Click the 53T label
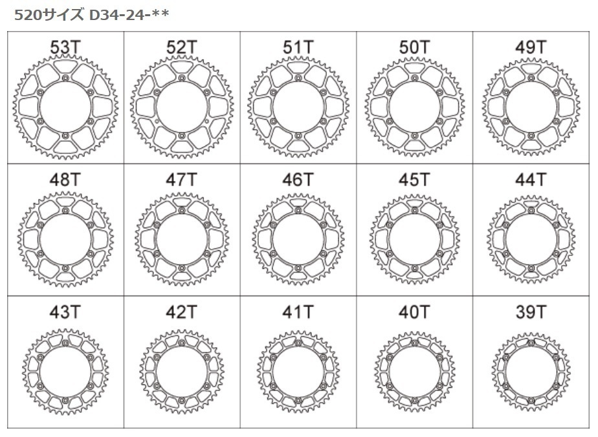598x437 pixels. tap(65, 47)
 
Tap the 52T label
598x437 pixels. tap(182, 47)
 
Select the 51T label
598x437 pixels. tap(298, 47)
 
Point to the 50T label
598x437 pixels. tap(415, 47)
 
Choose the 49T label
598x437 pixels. tap(531, 47)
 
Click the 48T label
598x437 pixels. tap(65, 180)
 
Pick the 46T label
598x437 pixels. tap(298, 180)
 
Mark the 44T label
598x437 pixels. tap(531, 180)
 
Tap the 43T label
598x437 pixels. tap(65, 312)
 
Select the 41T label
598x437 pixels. tap(298, 312)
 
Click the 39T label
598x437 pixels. tap(531, 312)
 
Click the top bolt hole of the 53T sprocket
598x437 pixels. tap(66, 78)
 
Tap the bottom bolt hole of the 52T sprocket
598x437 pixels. tap(182, 135)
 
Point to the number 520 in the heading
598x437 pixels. tap(26, 14)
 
